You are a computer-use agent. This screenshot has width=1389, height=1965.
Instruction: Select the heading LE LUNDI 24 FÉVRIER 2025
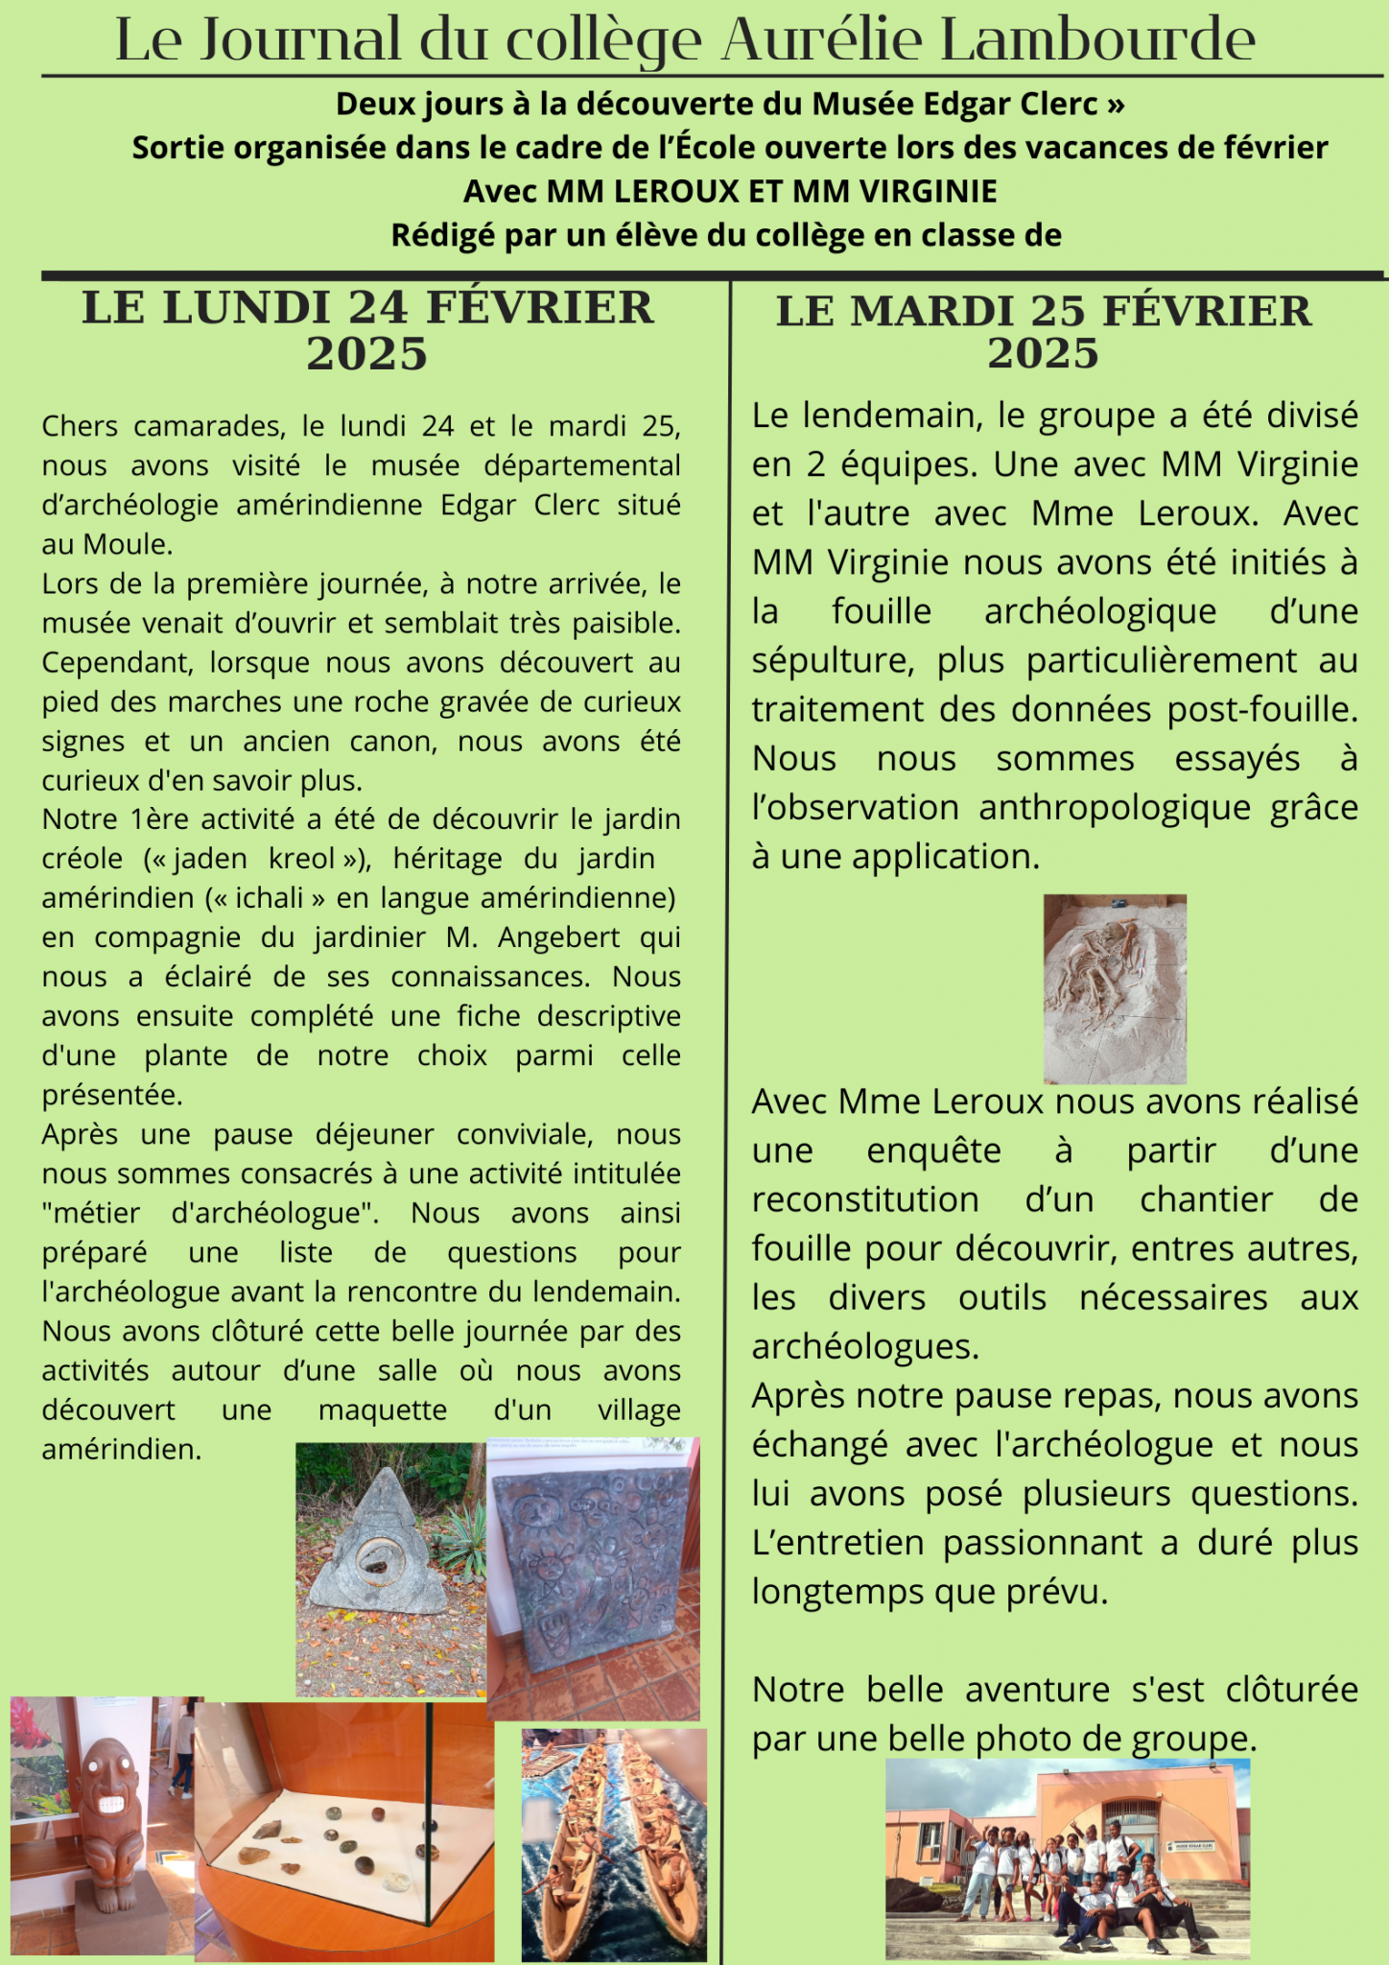(367, 330)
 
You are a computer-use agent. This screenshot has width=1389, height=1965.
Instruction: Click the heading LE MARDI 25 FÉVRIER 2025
(1044, 332)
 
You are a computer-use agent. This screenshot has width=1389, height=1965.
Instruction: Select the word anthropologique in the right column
(1115, 807)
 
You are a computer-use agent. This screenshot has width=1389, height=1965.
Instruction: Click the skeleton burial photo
(1115, 988)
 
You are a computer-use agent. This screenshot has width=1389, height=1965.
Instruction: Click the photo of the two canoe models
(614, 1844)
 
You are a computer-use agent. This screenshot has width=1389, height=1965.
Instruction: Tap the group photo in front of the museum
(1067, 1858)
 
